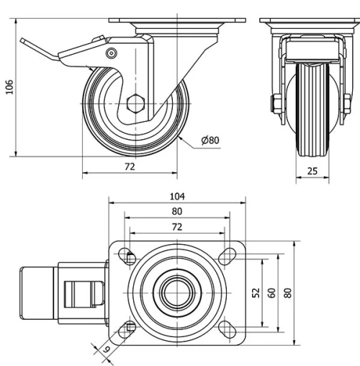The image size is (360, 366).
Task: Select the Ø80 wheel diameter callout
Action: pyautogui.click(x=210, y=140)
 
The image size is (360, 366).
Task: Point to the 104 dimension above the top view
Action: pyautogui.click(x=177, y=196)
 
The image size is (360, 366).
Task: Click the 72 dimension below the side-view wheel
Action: pyautogui.click(x=130, y=166)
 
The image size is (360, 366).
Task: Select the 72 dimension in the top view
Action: pyautogui.click(x=177, y=226)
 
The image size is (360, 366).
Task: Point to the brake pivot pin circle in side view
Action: pyautogui.click(x=111, y=53)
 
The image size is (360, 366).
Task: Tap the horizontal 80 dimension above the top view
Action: pyautogui.click(x=177, y=211)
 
